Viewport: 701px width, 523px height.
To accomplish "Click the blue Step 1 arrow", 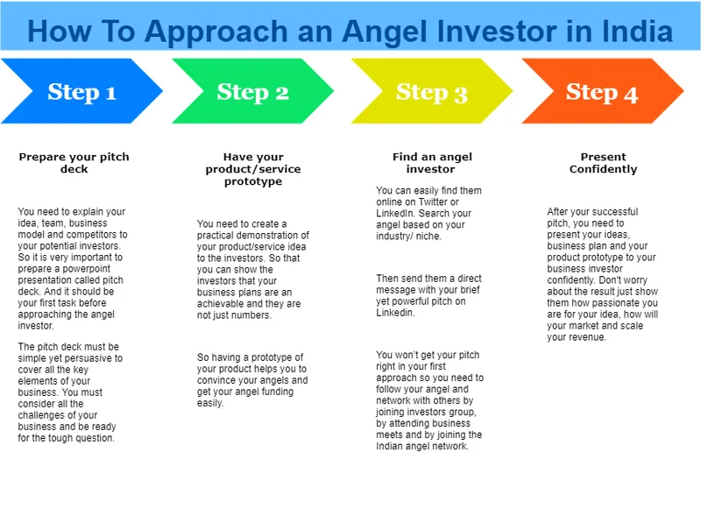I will coord(81,91).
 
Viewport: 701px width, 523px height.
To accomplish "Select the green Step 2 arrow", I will coord(252,91).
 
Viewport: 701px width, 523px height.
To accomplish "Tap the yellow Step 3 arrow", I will coord(431,91).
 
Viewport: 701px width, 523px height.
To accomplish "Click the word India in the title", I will coord(636,32).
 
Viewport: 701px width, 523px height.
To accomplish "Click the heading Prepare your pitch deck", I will coord(74,163).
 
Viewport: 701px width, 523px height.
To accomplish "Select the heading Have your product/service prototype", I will coord(252,169).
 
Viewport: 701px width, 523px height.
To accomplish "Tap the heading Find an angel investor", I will coord(431,163).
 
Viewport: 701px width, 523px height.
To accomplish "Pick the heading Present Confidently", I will coord(603,163).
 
